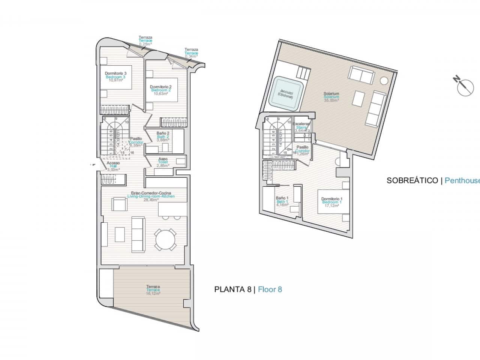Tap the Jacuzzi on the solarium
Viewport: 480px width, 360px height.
click(x=286, y=94)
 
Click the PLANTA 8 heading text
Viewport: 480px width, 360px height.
click(x=232, y=289)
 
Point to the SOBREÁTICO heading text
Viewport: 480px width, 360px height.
click(x=412, y=180)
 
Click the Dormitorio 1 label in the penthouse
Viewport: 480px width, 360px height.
click(x=331, y=202)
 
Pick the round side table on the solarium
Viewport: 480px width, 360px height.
click(x=384, y=80)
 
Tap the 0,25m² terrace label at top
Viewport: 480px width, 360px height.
click(x=145, y=40)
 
